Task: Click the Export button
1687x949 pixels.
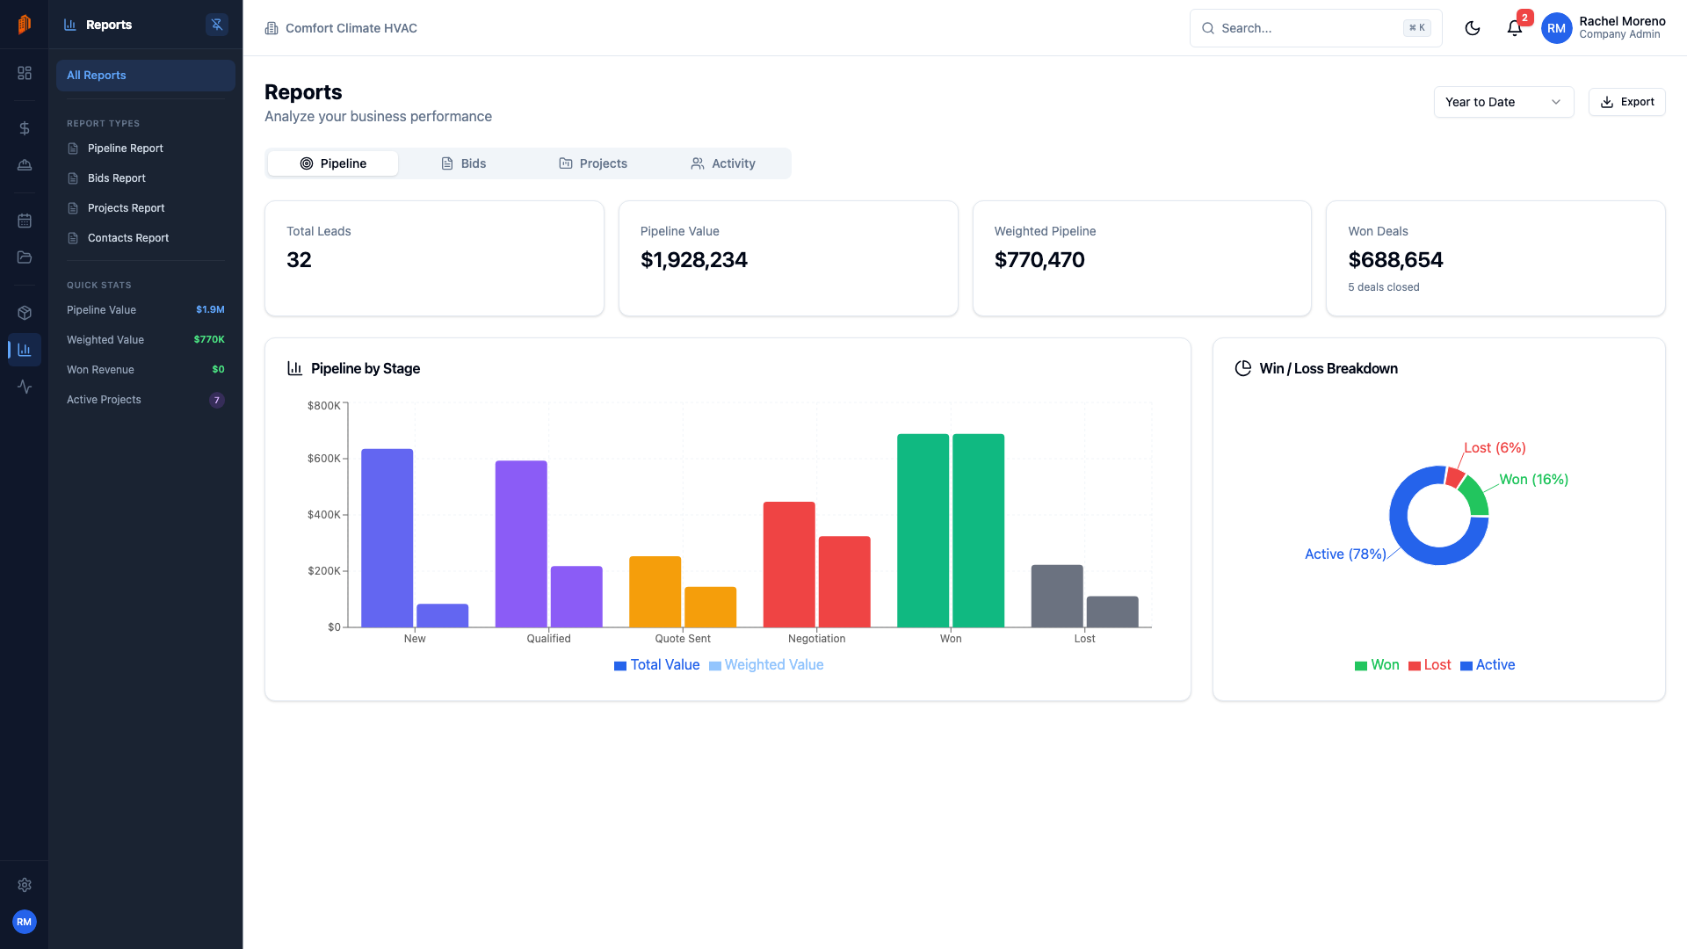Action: (1626, 102)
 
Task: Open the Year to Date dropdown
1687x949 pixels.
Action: (1502, 102)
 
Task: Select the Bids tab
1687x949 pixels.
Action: (463, 163)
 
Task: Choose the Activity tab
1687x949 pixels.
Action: (723, 163)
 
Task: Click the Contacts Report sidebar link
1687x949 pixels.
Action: (127, 238)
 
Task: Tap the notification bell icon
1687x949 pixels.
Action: (1514, 28)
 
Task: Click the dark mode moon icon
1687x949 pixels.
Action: (1473, 28)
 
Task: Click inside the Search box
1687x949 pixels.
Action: (1309, 28)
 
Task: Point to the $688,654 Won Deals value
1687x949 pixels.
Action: (1395, 260)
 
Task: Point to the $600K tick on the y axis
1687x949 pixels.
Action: (323, 459)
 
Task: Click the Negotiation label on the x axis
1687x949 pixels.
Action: (816, 639)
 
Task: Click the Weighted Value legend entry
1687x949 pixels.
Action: (766, 665)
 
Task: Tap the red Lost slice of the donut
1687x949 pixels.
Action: (1454, 477)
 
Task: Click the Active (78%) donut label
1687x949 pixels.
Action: (1344, 554)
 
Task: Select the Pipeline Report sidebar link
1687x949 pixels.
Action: (125, 149)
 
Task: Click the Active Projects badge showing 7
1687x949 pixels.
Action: (217, 400)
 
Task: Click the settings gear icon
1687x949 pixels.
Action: (25, 885)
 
